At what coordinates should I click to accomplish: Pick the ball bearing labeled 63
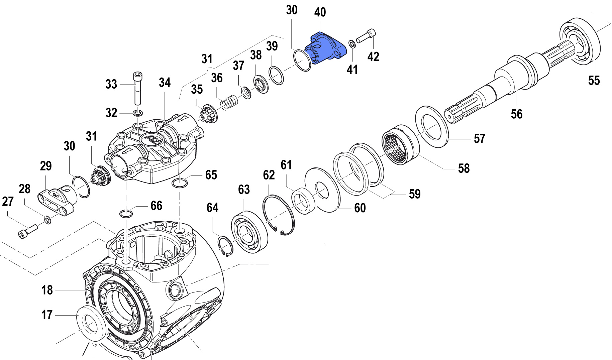tap(249, 232)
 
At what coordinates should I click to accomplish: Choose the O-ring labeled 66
tap(126, 214)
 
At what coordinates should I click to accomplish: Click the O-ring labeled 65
tap(180, 183)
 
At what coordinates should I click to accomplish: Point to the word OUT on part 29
tap(56, 195)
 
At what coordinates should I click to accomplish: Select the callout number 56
tap(516, 114)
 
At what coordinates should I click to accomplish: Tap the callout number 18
tap(47, 290)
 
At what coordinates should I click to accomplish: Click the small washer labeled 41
tap(352, 44)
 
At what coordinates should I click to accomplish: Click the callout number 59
tap(415, 194)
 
